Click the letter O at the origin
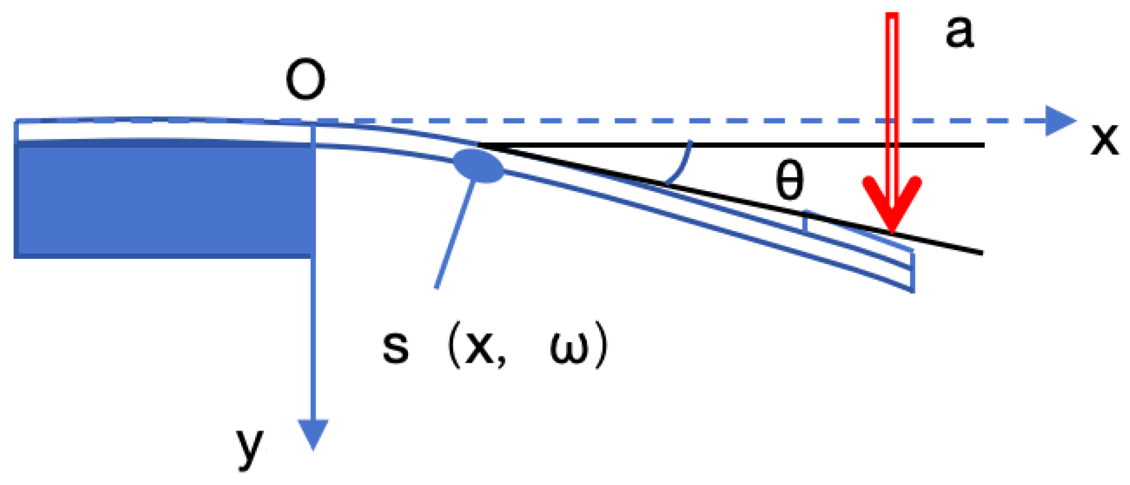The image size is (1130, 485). point(305,80)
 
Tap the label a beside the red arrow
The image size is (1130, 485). point(959,33)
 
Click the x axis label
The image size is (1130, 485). point(1104,139)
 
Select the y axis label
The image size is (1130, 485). point(250,447)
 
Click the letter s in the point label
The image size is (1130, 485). point(396,348)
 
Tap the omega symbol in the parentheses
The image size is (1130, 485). point(569,349)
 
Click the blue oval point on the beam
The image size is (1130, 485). point(478,166)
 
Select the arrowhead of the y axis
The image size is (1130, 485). point(313,433)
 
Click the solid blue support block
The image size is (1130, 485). point(164,200)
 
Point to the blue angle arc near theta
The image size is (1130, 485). point(683,164)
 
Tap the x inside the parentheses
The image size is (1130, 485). point(479,349)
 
